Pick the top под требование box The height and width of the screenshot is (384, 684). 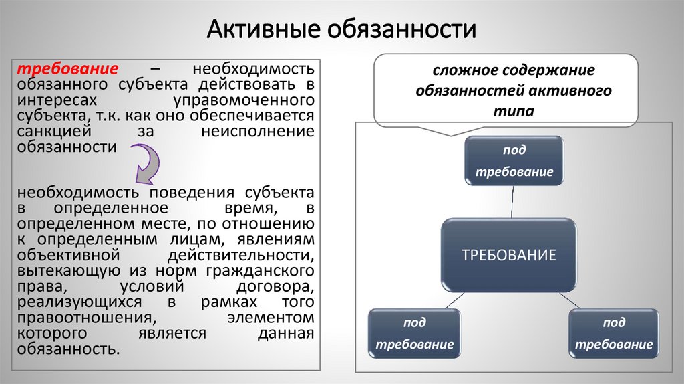pos(514,161)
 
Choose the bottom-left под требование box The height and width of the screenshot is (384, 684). pos(415,333)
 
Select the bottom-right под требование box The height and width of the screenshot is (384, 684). pos(614,333)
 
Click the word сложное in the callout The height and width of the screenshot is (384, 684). pos(462,70)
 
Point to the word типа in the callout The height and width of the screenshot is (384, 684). pos(514,110)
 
